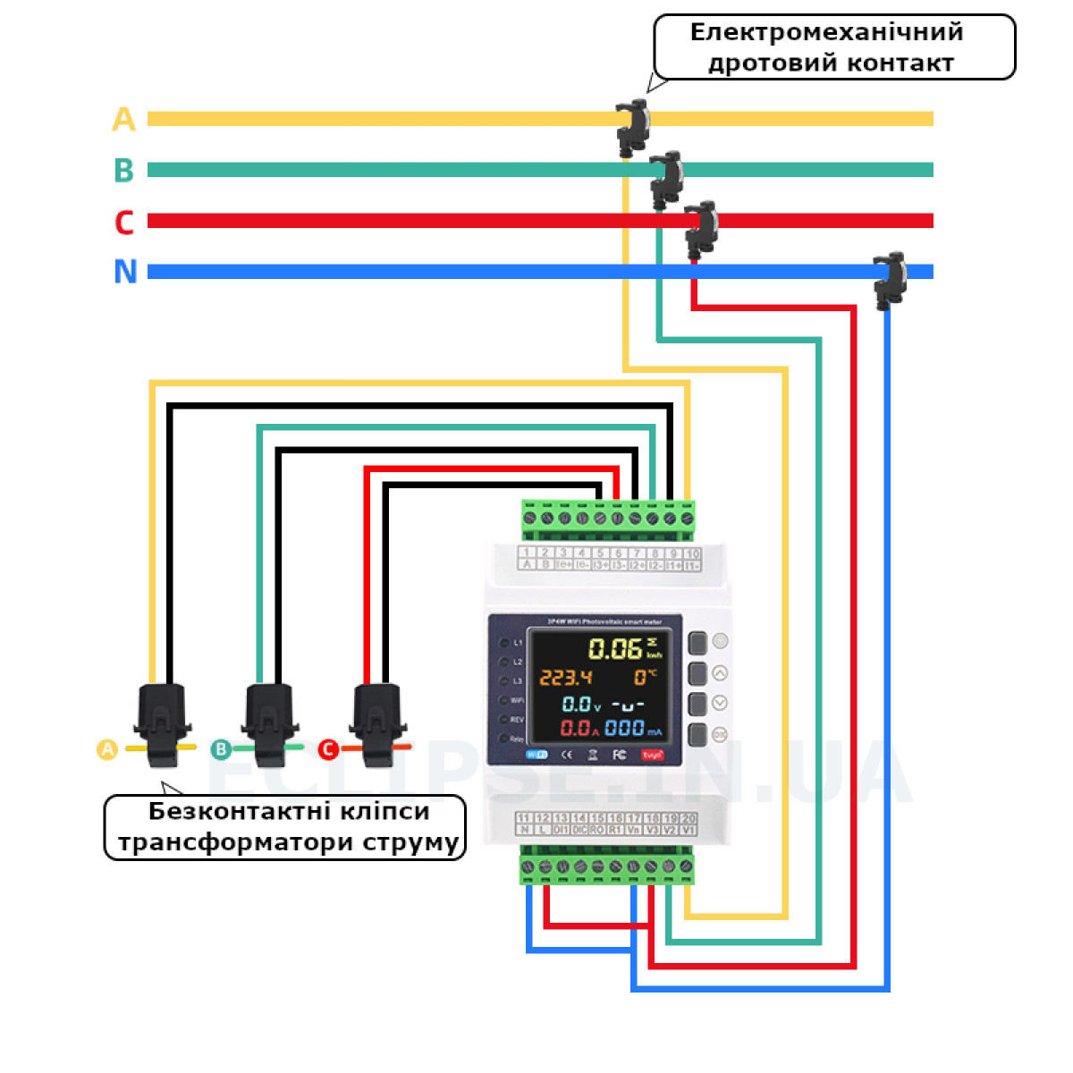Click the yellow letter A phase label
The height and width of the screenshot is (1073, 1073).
(123, 119)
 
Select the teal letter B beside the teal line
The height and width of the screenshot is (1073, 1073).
(123, 170)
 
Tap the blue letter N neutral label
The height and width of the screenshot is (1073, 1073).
(125, 272)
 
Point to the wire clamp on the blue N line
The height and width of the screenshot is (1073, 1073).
(891, 279)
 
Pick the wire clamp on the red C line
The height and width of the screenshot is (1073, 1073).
(702, 229)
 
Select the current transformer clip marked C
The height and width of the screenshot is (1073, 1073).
(377, 724)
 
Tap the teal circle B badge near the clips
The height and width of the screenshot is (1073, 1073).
(221, 749)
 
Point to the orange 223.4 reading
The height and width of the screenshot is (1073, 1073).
(565, 678)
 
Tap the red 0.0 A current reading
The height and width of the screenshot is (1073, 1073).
(578, 729)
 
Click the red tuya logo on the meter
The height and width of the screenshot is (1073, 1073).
(653, 756)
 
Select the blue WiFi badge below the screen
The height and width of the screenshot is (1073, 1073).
(536, 755)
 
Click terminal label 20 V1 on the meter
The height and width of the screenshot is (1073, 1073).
(689, 824)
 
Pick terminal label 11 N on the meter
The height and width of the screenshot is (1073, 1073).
(525, 824)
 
